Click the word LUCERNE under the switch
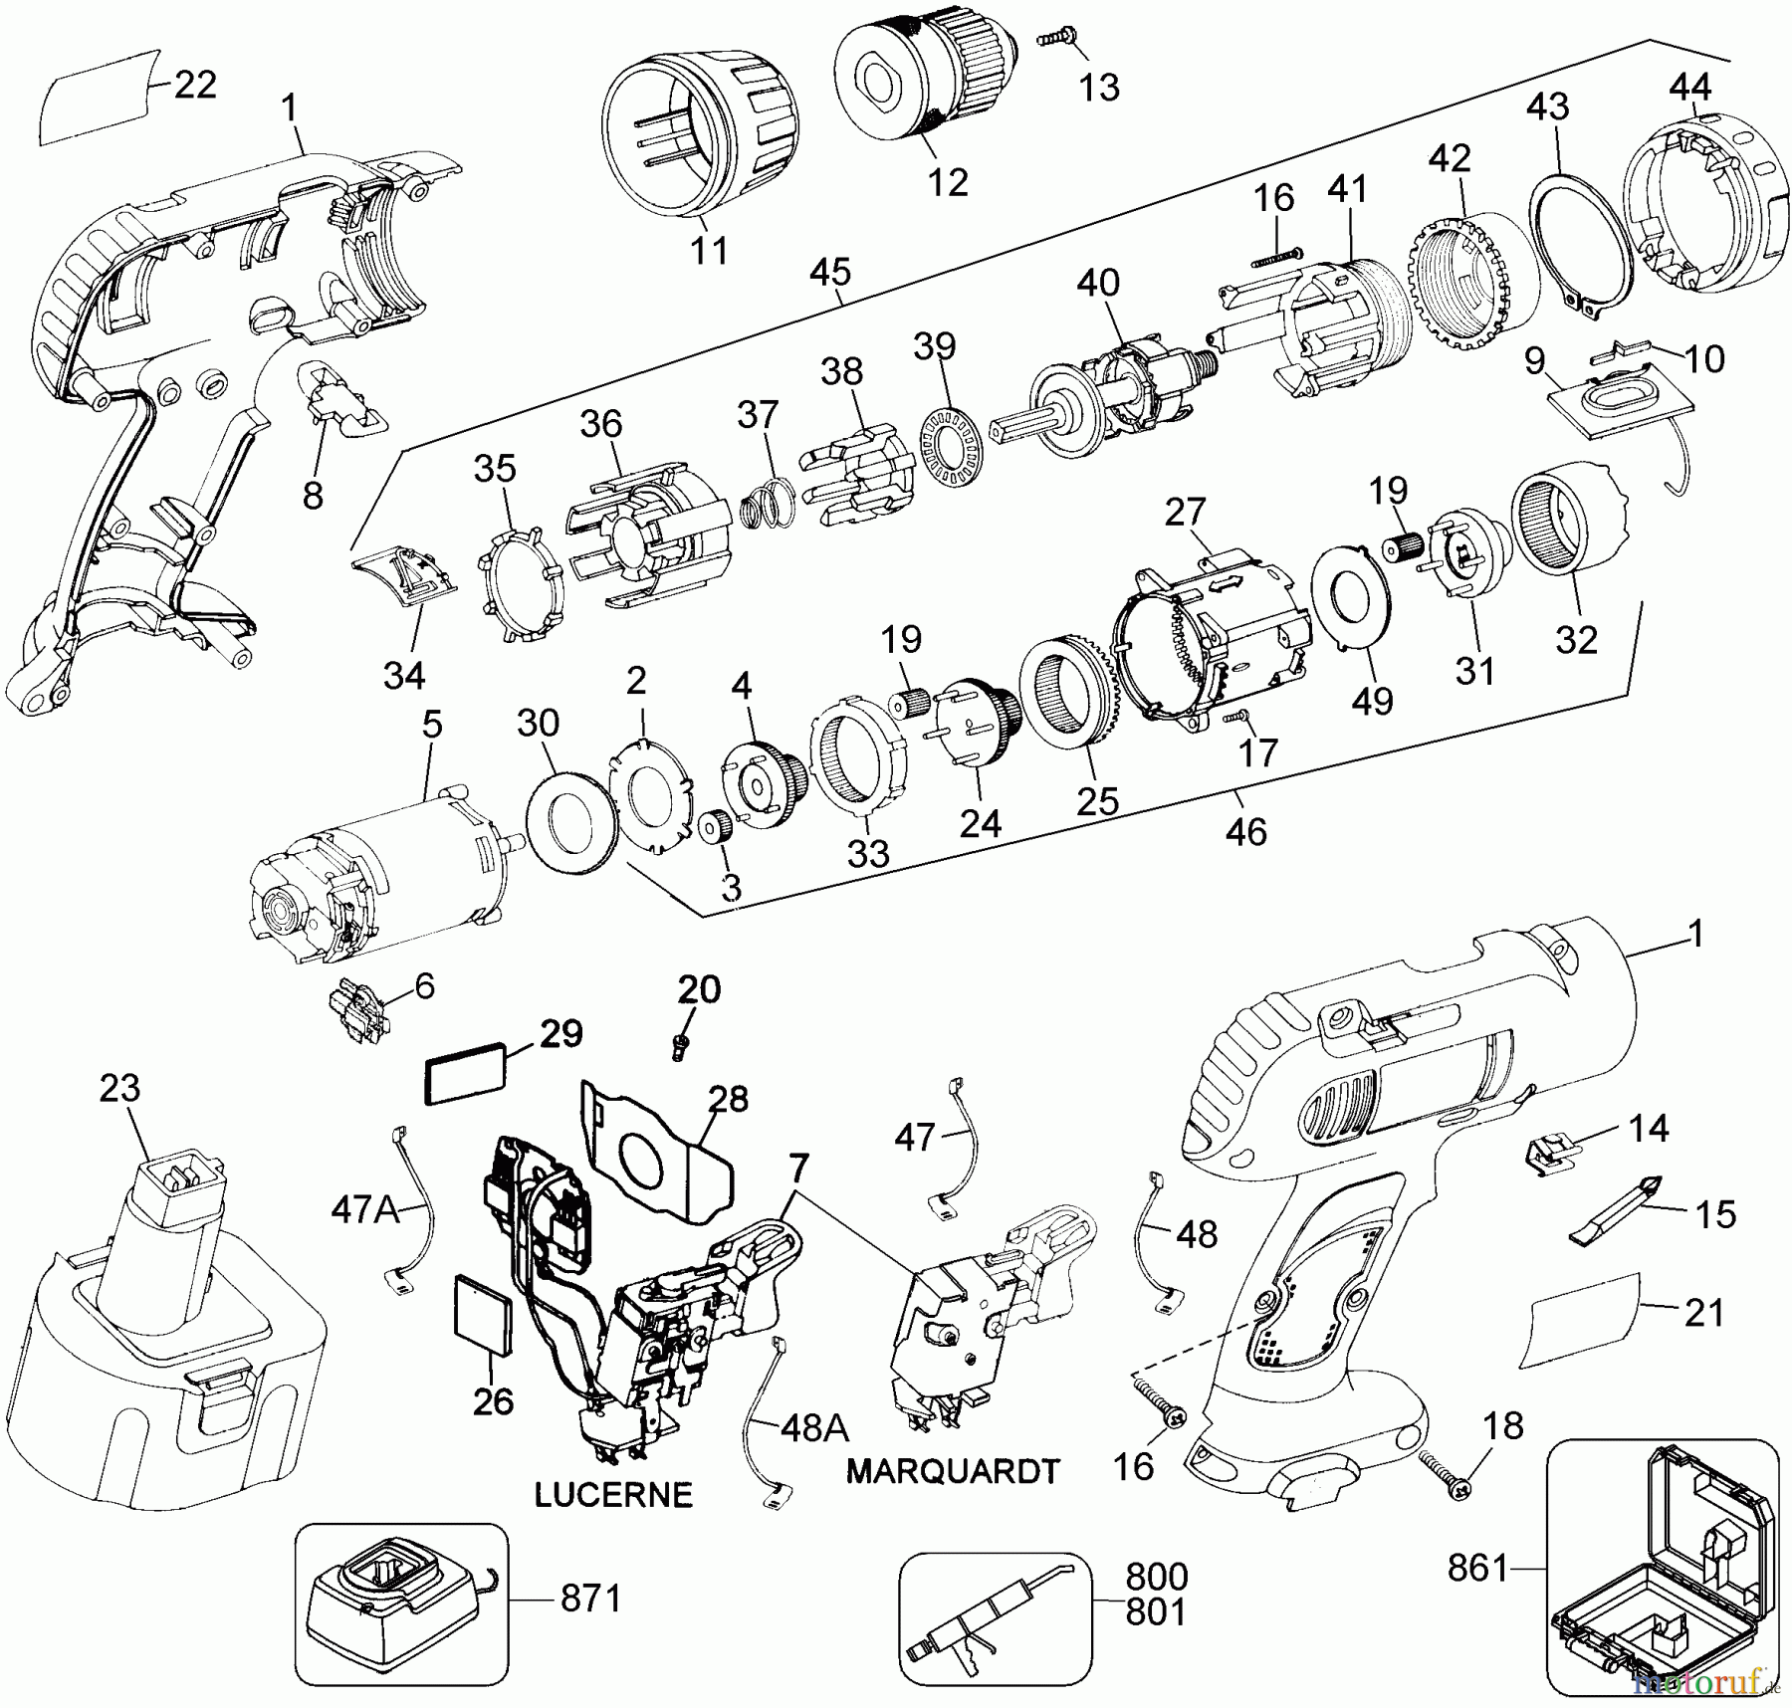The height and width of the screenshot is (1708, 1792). pos(612,1494)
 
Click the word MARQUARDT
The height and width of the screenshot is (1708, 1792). pos(953,1470)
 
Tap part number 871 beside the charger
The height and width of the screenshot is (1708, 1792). pos(590,1599)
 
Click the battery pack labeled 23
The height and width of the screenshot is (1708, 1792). pos(159,1324)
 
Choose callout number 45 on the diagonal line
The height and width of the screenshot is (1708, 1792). pos(831,271)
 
